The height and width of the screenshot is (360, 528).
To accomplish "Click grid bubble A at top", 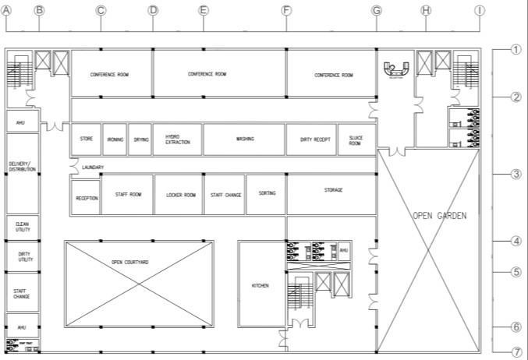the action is point(7,10).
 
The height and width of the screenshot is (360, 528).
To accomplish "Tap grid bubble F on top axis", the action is point(286,10).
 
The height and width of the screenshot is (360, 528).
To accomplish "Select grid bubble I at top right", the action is point(480,10).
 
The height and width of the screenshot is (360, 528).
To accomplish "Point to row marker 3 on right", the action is point(516,174).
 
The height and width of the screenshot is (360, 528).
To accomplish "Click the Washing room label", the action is point(245,139).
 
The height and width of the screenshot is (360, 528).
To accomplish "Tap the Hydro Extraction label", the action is point(177,139).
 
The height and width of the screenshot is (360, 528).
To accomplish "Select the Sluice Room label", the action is point(356,140).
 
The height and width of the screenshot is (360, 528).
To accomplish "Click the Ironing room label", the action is point(115,139).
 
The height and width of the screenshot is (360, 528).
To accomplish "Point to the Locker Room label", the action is point(180,195).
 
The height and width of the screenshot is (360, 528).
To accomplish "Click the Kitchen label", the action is point(260,286).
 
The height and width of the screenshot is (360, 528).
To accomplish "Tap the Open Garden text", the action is point(440,215).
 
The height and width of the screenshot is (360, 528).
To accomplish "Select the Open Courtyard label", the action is point(129,263).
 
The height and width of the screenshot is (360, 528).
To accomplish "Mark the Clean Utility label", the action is point(22,227).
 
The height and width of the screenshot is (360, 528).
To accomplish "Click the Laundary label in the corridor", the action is point(92,168).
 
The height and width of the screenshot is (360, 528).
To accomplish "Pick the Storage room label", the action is point(333,190).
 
